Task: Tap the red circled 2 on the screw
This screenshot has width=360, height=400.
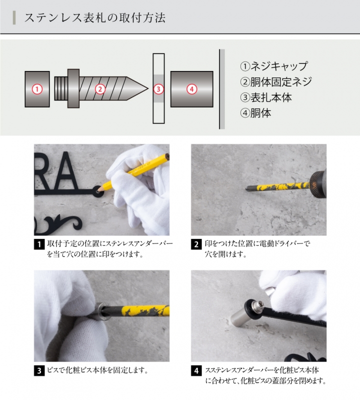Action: tap(100, 89)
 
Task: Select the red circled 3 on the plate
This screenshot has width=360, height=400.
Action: tap(158, 89)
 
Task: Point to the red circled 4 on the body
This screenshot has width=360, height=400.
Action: tap(191, 89)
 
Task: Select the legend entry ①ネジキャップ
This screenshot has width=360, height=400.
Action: tap(273, 66)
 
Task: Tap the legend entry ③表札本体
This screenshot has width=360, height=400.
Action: tap(266, 97)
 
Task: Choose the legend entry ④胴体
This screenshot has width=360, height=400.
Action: tap(256, 113)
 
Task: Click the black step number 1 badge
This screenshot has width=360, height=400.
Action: tap(38, 245)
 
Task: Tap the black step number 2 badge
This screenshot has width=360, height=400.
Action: tap(195, 245)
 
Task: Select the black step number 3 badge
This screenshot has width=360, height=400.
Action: tap(38, 371)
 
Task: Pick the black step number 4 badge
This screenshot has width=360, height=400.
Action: tap(195, 371)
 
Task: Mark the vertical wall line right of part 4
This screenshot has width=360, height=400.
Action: tap(219, 89)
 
